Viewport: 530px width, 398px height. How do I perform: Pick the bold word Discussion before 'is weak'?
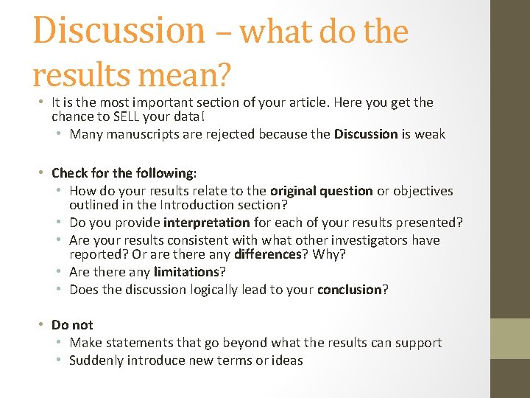[x=366, y=134]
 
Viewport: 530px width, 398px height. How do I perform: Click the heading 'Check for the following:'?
[x=124, y=173]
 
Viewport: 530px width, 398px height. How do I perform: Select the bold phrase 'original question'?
[x=322, y=191]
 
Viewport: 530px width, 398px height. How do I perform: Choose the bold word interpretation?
[x=207, y=223]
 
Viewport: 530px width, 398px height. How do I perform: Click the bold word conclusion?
[x=349, y=290]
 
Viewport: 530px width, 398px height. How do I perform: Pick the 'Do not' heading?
[x=72, y=325]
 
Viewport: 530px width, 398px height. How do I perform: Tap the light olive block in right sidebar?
[x=510, y=339]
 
